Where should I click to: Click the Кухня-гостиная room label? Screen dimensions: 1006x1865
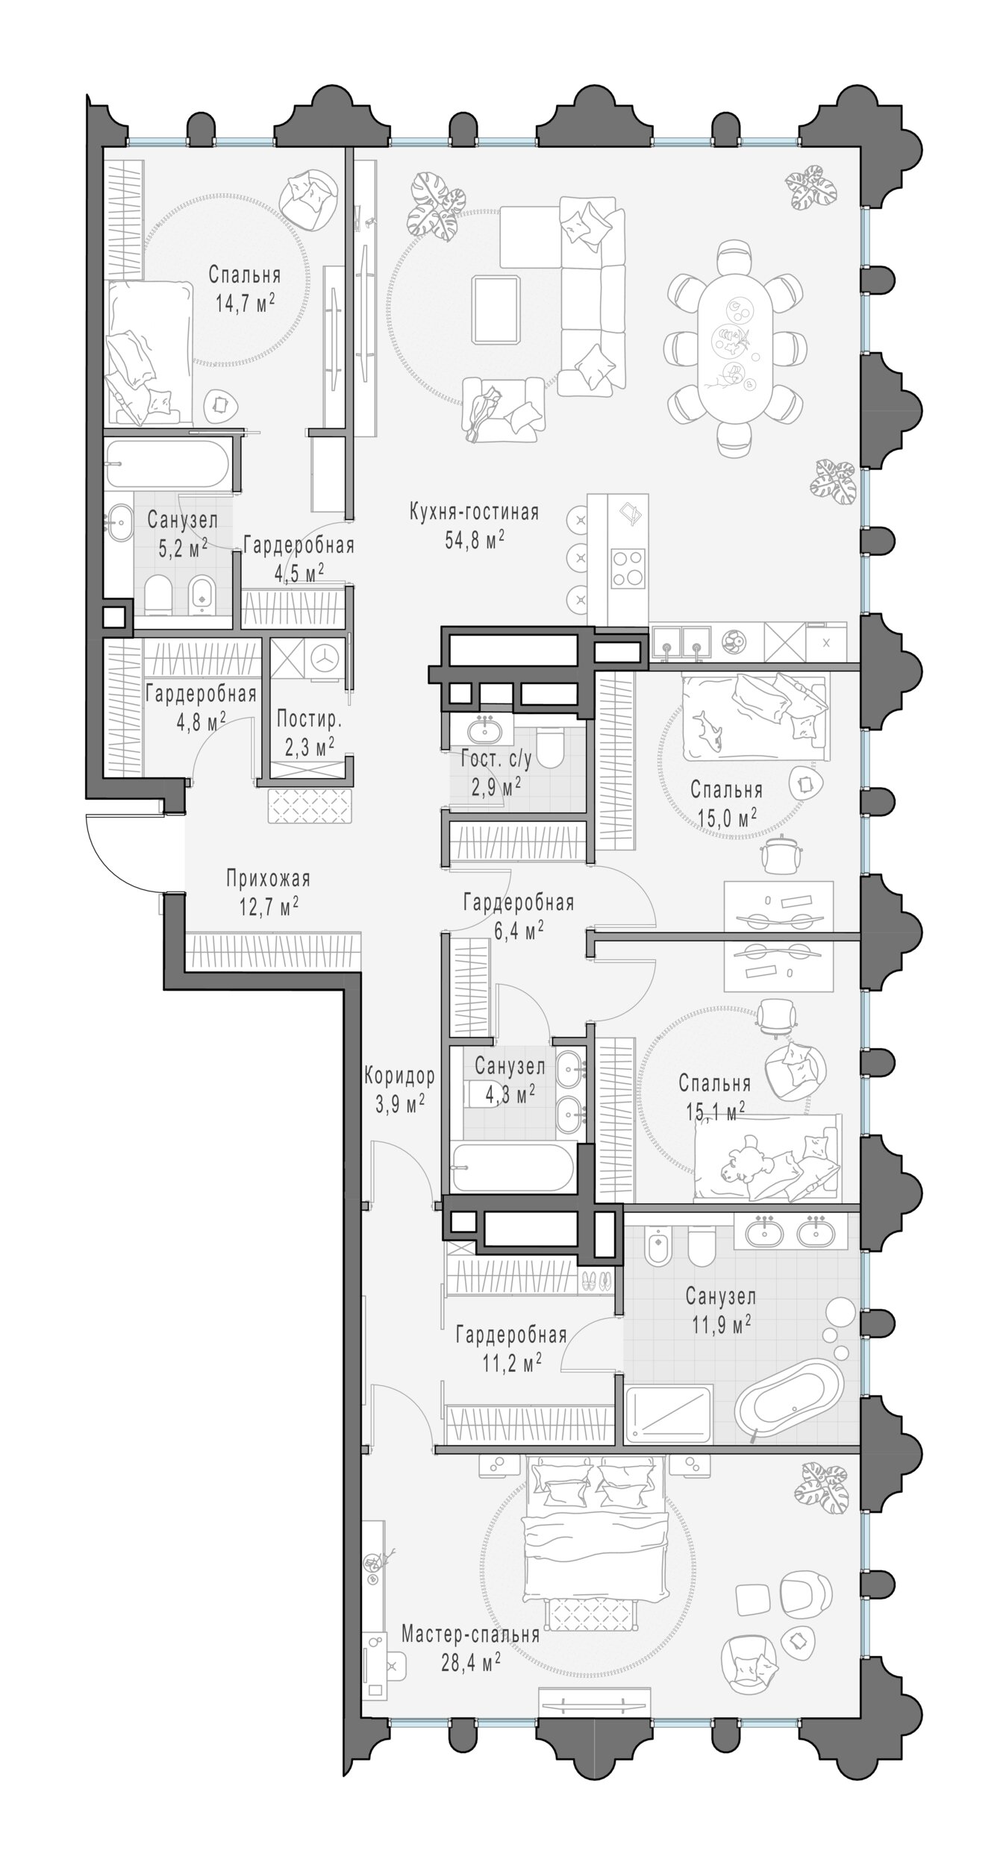pyautogui.click(x=474, y=513)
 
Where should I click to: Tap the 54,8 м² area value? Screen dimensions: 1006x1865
pyautogui.click(x=475, y=540)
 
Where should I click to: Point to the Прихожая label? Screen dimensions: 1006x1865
pyautogui.click(x=268, y=879)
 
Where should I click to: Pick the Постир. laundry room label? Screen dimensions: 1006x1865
pyautogui.click(x=309, y=719)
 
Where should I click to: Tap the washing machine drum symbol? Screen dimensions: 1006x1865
pyautogui.click(x=322, y=659)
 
